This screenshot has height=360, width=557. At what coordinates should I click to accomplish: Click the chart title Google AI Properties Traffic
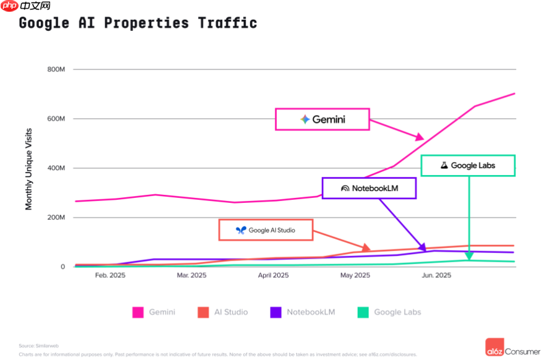click(x=137, y=24)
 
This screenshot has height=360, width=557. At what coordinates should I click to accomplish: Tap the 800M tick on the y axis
click(x=56, y=69)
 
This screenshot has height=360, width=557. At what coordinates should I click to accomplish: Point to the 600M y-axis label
click(x=56, y=119)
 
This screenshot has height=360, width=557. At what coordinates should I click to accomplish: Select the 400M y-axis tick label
click(x=56, y=168)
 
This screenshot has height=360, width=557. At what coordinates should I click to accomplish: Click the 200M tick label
click(x=56, y=218)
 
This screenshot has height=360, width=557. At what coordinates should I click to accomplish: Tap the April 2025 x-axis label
click(x=273, y=276)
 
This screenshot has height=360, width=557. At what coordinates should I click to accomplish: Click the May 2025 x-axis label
click(x=355, y=276)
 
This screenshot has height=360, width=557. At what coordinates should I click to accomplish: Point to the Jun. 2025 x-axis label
click(x=436, y=276)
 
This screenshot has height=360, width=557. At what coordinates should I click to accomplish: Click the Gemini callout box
click(x=322, y=119)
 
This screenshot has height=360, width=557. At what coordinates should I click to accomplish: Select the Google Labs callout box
click(x=468, y=165)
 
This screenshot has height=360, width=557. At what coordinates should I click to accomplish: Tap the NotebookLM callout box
click(x=369, y=188)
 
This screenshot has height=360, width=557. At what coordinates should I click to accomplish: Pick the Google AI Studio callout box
click(x=266, y=230)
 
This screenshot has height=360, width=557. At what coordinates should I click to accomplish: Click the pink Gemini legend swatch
click(x=138, y=312)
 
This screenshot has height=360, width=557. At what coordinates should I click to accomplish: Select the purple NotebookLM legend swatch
click(x=276, y=312)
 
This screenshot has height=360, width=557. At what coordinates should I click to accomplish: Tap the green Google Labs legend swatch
click(x=363, y=312)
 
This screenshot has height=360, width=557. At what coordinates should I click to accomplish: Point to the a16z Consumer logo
click(x=513, y=347)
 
